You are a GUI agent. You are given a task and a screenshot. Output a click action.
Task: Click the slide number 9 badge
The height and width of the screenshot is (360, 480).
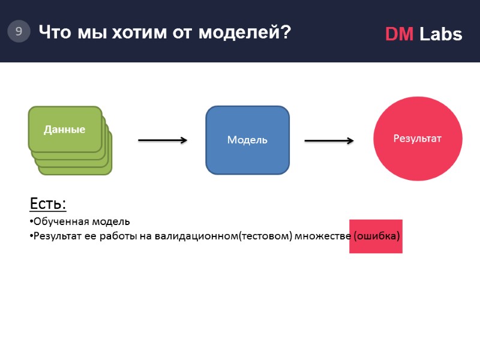19,32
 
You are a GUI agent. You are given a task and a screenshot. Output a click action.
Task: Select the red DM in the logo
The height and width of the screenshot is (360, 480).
399,35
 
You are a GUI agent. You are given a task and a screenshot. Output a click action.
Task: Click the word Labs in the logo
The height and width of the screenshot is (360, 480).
441,35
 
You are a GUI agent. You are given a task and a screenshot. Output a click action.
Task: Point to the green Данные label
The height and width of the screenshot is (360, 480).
64,129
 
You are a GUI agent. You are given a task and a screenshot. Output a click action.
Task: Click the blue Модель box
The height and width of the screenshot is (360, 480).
247,140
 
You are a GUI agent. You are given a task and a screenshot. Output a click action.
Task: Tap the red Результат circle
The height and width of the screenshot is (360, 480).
418,139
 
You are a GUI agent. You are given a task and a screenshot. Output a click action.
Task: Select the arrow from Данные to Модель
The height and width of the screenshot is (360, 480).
163,140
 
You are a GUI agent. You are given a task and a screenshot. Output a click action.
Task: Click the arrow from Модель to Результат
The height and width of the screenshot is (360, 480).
329,140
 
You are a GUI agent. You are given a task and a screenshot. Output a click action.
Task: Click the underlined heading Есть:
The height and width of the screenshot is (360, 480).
47,204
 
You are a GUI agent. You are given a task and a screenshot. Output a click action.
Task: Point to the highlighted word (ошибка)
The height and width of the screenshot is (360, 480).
377,236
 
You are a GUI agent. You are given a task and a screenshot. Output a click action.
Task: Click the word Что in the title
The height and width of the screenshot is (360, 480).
52,32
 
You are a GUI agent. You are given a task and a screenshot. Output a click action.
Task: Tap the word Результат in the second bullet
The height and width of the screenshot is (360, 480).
53,236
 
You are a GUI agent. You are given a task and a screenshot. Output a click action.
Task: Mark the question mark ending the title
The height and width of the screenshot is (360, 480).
286,32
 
